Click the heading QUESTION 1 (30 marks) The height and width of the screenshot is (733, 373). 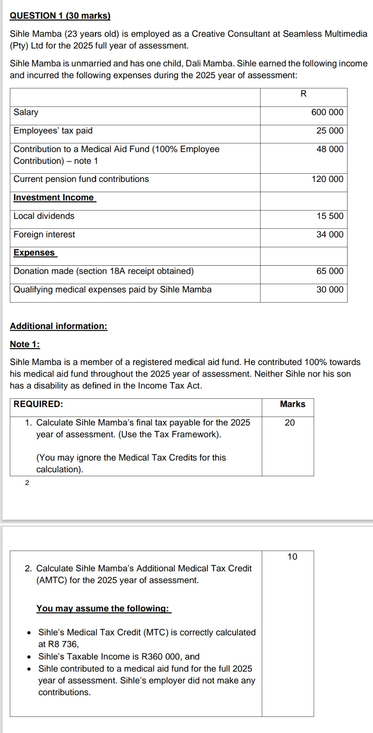(60, 16)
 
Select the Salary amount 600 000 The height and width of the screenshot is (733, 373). (327, 112)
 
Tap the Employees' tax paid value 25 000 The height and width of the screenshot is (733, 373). (329, 131)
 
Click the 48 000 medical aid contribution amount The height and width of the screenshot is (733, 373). (329, 149)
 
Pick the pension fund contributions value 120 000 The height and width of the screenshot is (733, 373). (327, 179)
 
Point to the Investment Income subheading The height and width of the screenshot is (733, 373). (54, 197)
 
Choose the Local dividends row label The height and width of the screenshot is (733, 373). (44, 216)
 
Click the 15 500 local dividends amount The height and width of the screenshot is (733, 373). (329, 216)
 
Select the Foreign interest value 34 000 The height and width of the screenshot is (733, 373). (329, 234)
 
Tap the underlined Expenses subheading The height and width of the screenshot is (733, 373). (34, 253)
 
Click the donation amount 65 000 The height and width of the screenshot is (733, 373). (329, 271)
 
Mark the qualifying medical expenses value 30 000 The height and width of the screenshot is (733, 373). (329, 289)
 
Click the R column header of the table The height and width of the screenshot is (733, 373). (303, 94)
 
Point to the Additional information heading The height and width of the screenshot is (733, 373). (58, 326)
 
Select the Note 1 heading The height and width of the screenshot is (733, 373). (25, 344)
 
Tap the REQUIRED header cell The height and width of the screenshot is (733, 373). (38, 404)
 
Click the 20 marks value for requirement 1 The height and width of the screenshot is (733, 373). (289, 422)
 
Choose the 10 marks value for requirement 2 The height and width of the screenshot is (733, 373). (292, 556)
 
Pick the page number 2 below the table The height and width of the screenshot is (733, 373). (27, 483)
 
